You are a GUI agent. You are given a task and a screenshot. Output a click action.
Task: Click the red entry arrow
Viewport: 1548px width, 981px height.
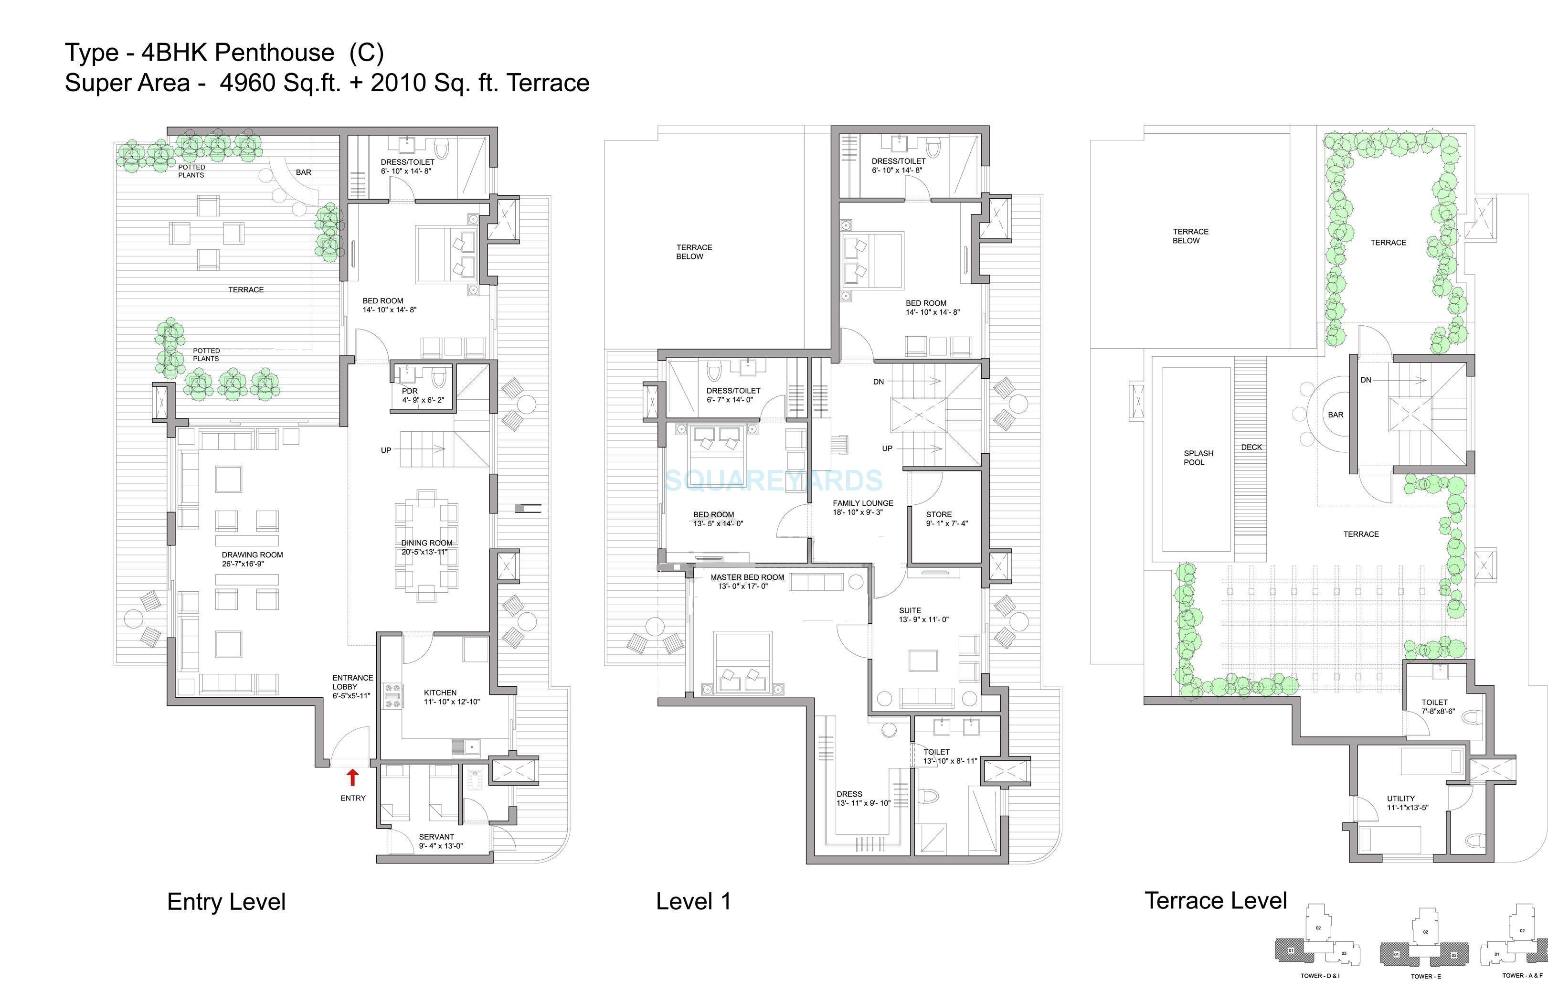click(x=352, y=777)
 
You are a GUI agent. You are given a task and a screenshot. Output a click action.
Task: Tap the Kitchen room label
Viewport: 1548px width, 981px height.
click(x=440, y=693)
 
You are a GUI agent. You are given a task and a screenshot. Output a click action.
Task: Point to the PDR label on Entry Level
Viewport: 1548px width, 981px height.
click(x=410, y=391)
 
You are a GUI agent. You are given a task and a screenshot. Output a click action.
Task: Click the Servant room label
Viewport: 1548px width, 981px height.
click(x=436, y=837)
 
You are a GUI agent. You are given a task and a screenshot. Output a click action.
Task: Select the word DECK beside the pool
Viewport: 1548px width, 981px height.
click(x=1251, y=447)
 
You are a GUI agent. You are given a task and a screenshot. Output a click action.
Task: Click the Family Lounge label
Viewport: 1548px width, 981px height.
click(x=863, y=503)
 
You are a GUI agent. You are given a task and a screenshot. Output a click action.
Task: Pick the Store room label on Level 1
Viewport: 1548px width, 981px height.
click(x=939, y=514)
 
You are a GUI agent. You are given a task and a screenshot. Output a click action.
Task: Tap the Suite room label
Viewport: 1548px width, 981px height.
click(x=910, y=610)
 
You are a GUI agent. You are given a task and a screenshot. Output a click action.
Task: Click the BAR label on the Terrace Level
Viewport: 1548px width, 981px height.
click(x=1335, y=415)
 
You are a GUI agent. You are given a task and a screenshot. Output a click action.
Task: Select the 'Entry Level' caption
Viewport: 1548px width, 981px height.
click(x=226, y=901)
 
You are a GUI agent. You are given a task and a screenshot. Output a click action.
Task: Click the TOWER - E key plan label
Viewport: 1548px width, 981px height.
click(x=1425, y=976)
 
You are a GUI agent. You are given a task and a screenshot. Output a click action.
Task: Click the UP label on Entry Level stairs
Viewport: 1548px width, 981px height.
click(x=386, y=450)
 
